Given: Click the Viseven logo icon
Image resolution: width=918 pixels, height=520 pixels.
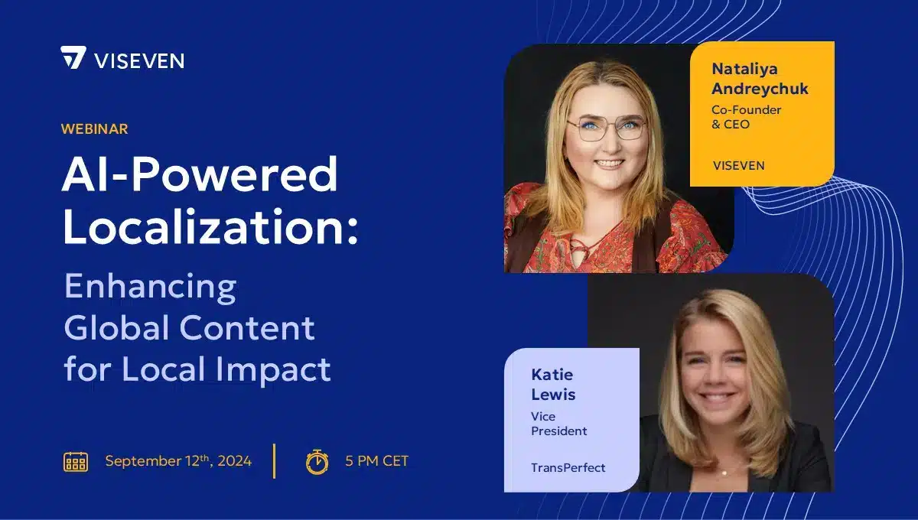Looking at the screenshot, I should point(73,58).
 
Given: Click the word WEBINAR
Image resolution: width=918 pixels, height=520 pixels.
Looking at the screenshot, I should point(94,129).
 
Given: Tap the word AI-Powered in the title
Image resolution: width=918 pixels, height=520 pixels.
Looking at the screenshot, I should point(200,175).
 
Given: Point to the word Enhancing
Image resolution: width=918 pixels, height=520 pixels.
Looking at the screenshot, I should point(150,288).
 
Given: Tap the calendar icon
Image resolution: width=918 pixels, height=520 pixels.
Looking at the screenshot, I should point(75,461).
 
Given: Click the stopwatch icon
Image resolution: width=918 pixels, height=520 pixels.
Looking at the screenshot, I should point(317,461).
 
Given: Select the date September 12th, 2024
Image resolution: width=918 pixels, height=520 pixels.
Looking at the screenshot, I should point(178,461).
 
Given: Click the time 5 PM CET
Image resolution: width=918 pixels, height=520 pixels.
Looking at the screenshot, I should point(376,461).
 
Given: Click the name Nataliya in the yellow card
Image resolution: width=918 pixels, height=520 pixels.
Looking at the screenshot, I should point(744,68).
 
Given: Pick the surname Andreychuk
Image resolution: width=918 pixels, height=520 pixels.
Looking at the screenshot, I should point(760,89).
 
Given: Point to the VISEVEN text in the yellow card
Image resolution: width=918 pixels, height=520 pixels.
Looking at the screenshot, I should point(738,165).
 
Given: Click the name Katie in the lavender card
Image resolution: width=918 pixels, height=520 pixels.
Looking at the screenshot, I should point(552,375).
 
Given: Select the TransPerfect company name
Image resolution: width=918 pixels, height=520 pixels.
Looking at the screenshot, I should point(568,467).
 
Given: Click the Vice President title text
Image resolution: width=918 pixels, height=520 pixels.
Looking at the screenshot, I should point(558,424).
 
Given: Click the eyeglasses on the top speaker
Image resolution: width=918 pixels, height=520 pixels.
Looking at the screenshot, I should point(606,128).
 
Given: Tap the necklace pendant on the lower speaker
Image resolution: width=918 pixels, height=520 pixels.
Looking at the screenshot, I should point(724,472).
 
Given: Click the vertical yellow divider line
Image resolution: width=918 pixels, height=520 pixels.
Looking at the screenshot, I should point(274,461).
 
